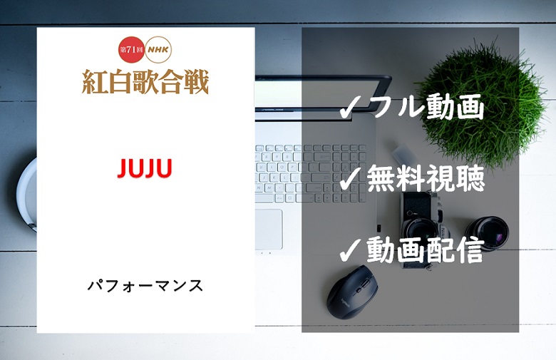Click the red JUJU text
click(145, 168)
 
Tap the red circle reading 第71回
click(132, 50)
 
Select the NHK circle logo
click(158, 50)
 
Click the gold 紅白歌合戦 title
click(145, 82)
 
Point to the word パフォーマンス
click(145, 286)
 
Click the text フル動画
click(426, 106)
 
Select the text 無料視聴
click(426, 178)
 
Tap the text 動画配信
click(425, 250)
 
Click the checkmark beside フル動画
click(351, 108)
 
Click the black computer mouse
click(352, 292)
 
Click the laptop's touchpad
click(269, 229)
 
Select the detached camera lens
click(487, 233)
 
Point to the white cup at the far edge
click(27, 195)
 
